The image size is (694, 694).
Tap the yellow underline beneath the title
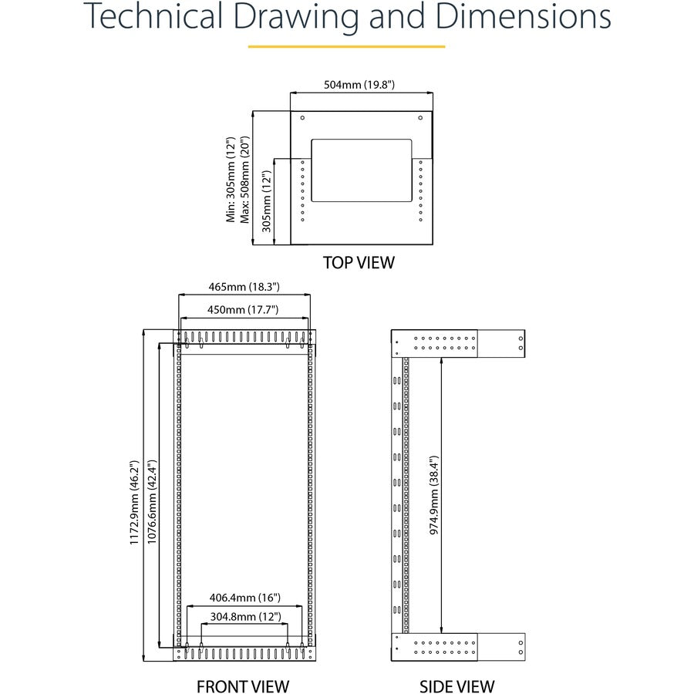(346, 46)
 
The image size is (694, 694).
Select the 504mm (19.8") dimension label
(362, 85)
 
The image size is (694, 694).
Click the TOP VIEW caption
(359, 262)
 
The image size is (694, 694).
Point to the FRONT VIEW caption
(243, 686)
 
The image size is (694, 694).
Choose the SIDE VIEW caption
(457, 686)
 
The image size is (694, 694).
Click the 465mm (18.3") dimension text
(244, 287)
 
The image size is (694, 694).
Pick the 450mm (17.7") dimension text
(244, 309)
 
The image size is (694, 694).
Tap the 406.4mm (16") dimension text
(244, 598)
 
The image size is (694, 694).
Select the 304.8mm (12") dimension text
(244, 617)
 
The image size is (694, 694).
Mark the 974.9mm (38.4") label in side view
(433, 494)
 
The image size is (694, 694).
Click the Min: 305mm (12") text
(231, 180)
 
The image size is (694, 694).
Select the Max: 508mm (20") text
(246, 180)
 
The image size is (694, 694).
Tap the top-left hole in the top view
(302, 118)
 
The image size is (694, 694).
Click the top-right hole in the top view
(420, 118)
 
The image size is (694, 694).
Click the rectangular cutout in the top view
(362, 170)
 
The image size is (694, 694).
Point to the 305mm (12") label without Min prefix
(266, 202)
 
